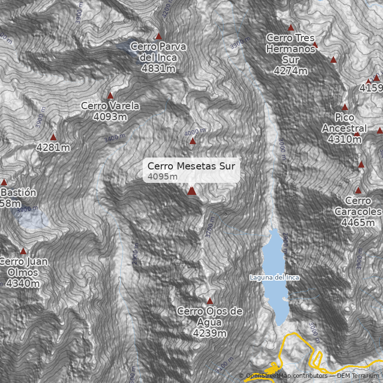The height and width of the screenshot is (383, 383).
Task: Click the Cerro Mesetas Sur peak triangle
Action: [x=192, y=191]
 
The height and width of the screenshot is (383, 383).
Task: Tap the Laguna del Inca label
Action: [x=274, y=278]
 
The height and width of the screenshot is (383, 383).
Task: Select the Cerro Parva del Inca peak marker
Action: [x=158, y=36]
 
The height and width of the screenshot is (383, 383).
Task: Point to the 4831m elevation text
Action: [x=158, y=68]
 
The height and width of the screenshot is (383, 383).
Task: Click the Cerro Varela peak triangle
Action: [x=110, y=95]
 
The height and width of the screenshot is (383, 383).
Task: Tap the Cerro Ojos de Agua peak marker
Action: [x=210, y=301]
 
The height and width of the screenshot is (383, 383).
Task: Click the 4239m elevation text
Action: [x=210, y=333]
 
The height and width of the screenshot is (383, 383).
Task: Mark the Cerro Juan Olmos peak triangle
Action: [x=23, y=251]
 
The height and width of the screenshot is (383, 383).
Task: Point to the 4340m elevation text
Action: [x=23, y=284]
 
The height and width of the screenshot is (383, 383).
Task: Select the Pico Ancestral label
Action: [x=344, y=123]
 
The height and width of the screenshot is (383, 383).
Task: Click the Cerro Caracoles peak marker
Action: [x=358, y=190]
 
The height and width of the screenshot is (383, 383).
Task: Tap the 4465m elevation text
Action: [x=358, y=223]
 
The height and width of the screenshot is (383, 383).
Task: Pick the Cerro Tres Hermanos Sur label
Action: [x=290, y=48]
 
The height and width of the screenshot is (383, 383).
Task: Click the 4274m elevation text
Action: [x=290, y=71]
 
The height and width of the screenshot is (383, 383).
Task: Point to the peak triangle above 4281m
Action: [x=53, y=137]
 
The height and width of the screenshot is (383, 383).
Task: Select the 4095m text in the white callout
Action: [x=163, y=177]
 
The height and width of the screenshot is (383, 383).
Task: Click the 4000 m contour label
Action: [x=195, y=131]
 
